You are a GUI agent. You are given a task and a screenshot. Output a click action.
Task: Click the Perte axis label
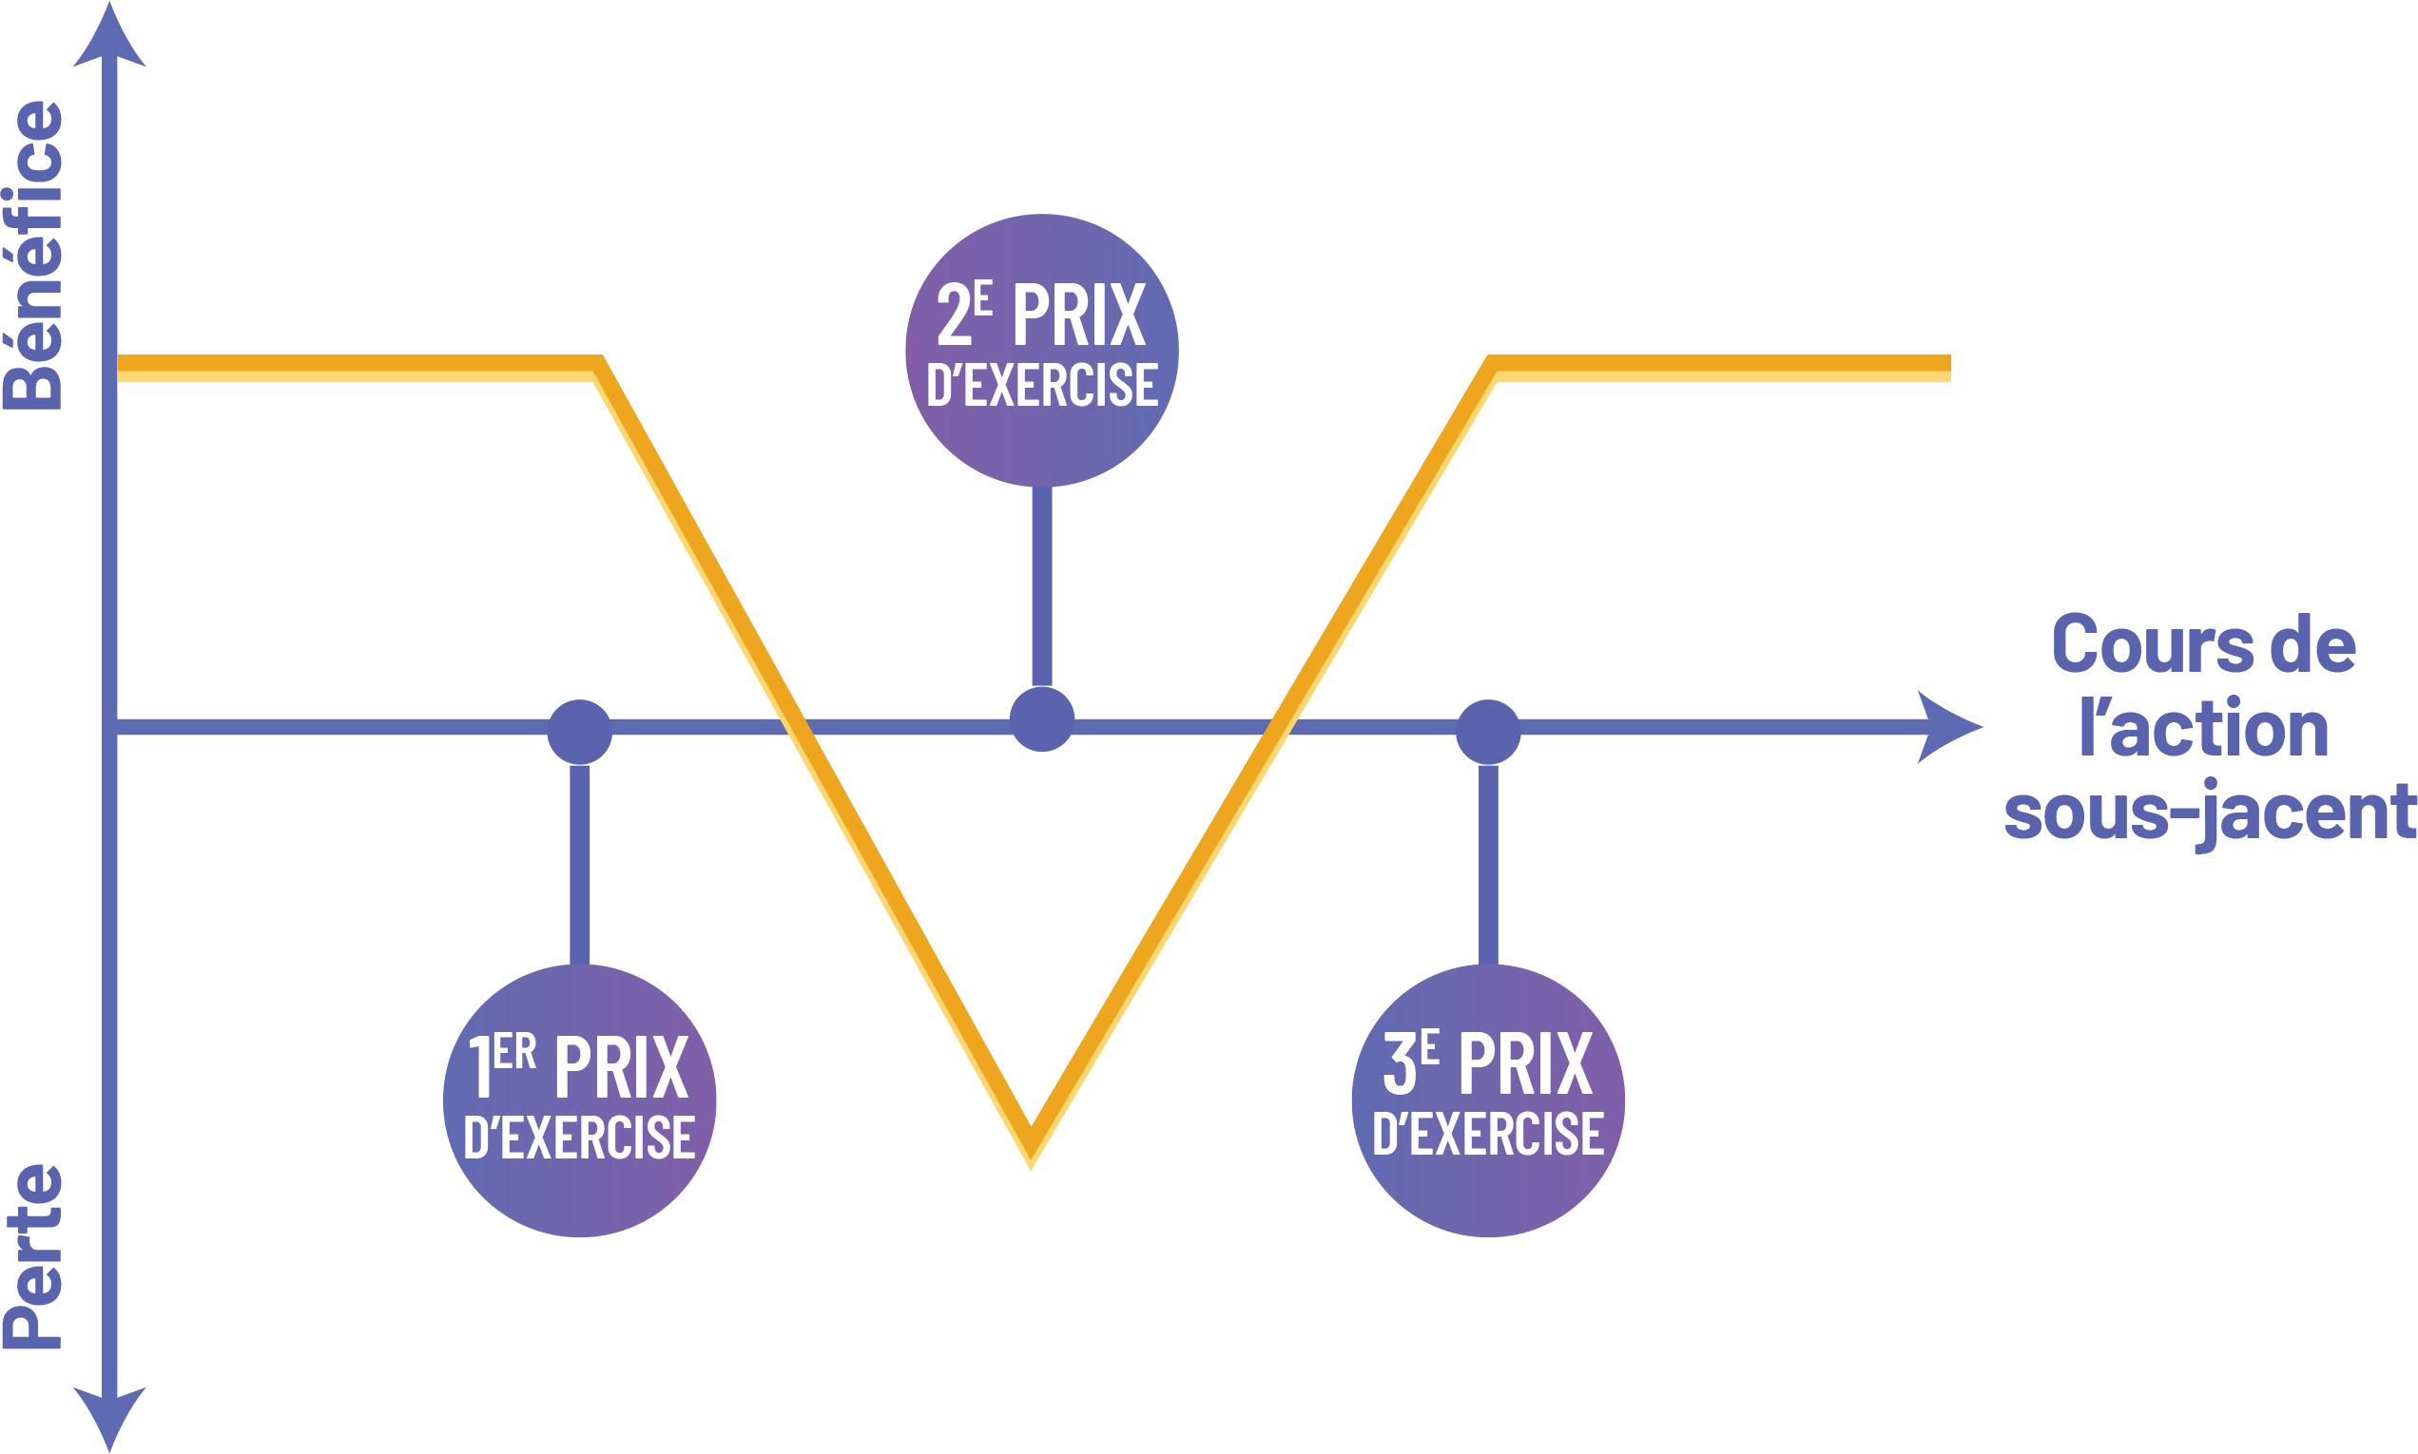(x=33, y=1256)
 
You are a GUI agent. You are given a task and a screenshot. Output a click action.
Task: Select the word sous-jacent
(x=2209, y=813)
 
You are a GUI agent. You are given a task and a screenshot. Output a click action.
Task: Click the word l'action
(x=2204, y=730)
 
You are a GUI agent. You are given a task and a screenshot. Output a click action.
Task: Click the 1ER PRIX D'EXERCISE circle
(x=579, y=1100)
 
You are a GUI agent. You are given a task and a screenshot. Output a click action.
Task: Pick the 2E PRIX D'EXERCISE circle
(x=1041, y=350)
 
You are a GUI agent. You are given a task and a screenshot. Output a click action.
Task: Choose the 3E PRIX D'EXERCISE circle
(x=1488, y=1100)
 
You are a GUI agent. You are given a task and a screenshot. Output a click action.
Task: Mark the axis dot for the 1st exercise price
(x=579, y=732)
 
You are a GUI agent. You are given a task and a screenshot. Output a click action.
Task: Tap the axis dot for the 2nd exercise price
(x=1042, y=719)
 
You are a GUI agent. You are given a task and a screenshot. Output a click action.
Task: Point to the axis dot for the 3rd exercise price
(x=1488, y=732)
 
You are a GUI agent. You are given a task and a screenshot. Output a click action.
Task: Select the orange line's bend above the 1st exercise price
(x=598, y=370)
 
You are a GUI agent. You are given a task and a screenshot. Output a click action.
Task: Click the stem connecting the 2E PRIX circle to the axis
(x=1042, y=588)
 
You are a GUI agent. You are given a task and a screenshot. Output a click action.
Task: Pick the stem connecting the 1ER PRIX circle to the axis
(x=579, y=862)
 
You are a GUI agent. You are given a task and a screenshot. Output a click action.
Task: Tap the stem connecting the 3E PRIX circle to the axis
(x=1488, y=862)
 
